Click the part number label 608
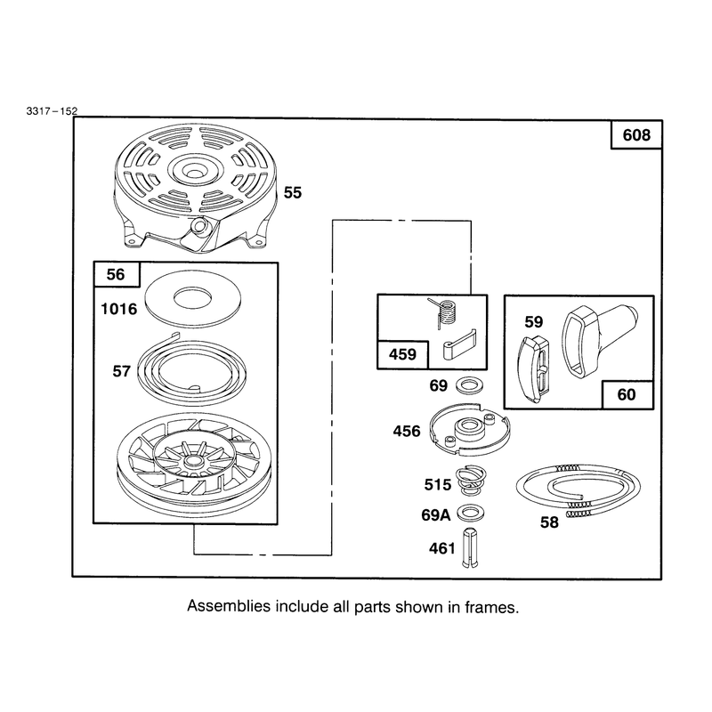tap(636, 135)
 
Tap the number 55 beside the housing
tap(293, 192)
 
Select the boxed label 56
tap(116, 274)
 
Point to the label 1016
tap(118, 309)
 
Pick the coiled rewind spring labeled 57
tap(191, 368)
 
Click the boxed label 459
tap(402, 354)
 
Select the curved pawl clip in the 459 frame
tap(458, 344)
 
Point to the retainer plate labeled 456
tap(470, 428)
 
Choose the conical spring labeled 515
tap(471, 481)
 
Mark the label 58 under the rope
tap(549, 522)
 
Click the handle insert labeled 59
tap(535, 370)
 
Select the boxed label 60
tap(627, 394)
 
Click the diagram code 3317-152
tap(52, 110)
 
